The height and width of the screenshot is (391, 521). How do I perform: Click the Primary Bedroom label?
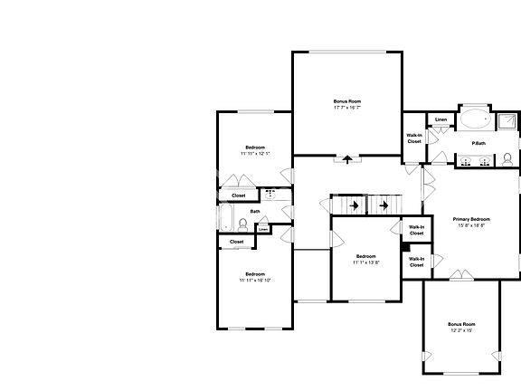point(471,220)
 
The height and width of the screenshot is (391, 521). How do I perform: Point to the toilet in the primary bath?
point(507,159)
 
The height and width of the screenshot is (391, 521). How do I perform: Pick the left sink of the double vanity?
point(466,162)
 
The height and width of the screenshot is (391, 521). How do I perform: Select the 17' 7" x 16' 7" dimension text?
point(346,108)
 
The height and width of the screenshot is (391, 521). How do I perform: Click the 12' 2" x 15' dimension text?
point(461,330)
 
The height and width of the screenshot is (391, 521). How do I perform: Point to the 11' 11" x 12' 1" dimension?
point(255,154)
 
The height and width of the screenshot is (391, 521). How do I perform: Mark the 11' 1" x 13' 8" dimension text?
point(365,262)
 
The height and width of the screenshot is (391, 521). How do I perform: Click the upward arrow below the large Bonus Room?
point(346,160)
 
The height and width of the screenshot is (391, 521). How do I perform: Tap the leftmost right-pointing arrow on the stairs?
point(355,205)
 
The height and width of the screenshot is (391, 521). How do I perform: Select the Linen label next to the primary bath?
point(440,119)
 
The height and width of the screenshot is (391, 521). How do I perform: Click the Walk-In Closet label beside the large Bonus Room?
point(414,138)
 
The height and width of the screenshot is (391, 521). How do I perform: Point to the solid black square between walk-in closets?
point(403,246)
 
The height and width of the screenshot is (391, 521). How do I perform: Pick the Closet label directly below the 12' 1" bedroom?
point(238,195)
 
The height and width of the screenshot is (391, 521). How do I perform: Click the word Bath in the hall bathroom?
point(255,212)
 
